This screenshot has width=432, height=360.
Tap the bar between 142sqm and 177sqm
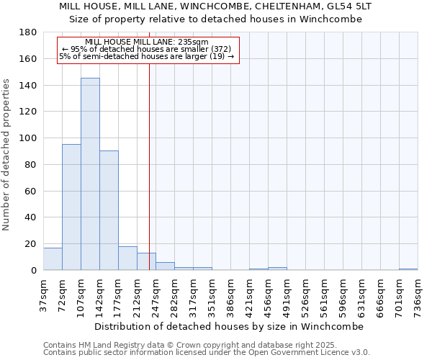pyautogui.click(x=109, y=210)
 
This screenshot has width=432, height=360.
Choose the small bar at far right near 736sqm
pyautogui.click(x=408, y=269)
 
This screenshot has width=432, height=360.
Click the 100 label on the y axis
pyautogui.click(x=30, y=138)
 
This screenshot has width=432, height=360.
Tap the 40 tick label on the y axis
pyautogui.click(x=32, y=217)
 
